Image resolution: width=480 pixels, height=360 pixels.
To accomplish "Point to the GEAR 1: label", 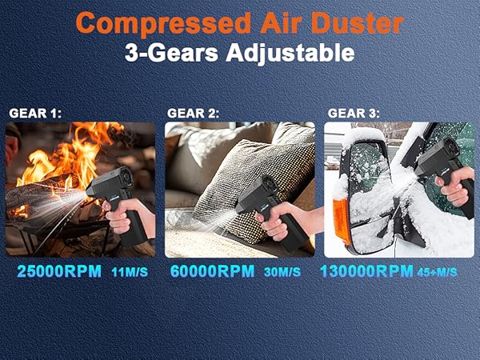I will [34, 113].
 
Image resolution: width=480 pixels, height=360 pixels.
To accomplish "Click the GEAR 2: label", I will [193, 113].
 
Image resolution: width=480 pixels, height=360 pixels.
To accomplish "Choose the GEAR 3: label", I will [353, 113].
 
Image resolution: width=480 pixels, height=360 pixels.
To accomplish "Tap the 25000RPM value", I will [59, 272].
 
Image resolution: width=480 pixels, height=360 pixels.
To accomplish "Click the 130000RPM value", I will [366, 272].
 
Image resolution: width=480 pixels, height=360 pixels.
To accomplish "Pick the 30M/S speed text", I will [282, 273].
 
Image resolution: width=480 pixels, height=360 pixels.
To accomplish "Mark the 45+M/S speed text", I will [437, 273].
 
